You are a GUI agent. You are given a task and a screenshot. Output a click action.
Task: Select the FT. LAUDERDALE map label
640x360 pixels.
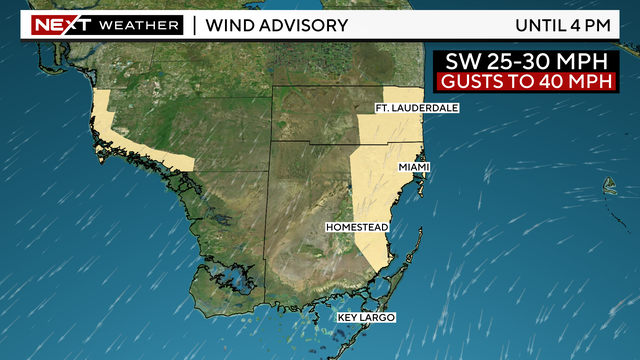(416, 107)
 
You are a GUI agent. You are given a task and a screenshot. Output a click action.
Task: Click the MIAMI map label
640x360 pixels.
(414, 166)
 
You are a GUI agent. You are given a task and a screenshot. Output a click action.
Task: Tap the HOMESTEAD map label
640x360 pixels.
(356, 228)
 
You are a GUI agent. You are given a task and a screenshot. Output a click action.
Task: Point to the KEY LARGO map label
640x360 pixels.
(366, 318)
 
